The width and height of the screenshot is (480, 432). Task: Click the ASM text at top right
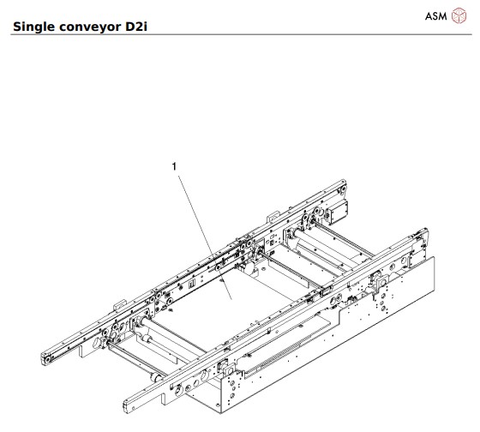tap(436, 17)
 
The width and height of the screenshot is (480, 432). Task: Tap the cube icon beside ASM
tap(459, 17)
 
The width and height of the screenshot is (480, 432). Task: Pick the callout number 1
tap(175, 168)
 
